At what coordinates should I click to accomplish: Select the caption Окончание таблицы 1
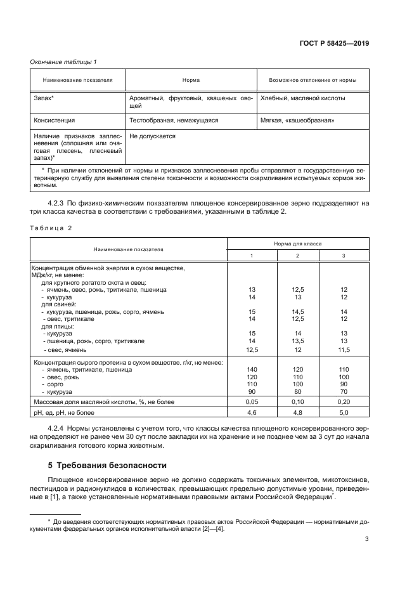point(63,62)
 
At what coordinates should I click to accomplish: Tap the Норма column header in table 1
point(191,81)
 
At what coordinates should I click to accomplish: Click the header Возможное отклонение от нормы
point(312,81)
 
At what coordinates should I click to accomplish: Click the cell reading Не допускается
point(152,136)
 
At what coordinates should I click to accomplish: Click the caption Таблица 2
point(51,227)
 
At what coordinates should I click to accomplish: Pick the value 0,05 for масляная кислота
point(252,401)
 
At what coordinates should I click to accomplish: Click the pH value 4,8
point(298,413)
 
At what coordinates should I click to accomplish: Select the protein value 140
point(252,368)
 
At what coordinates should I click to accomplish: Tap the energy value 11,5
point(344,349)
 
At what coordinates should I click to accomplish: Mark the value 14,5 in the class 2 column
point(298,311)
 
